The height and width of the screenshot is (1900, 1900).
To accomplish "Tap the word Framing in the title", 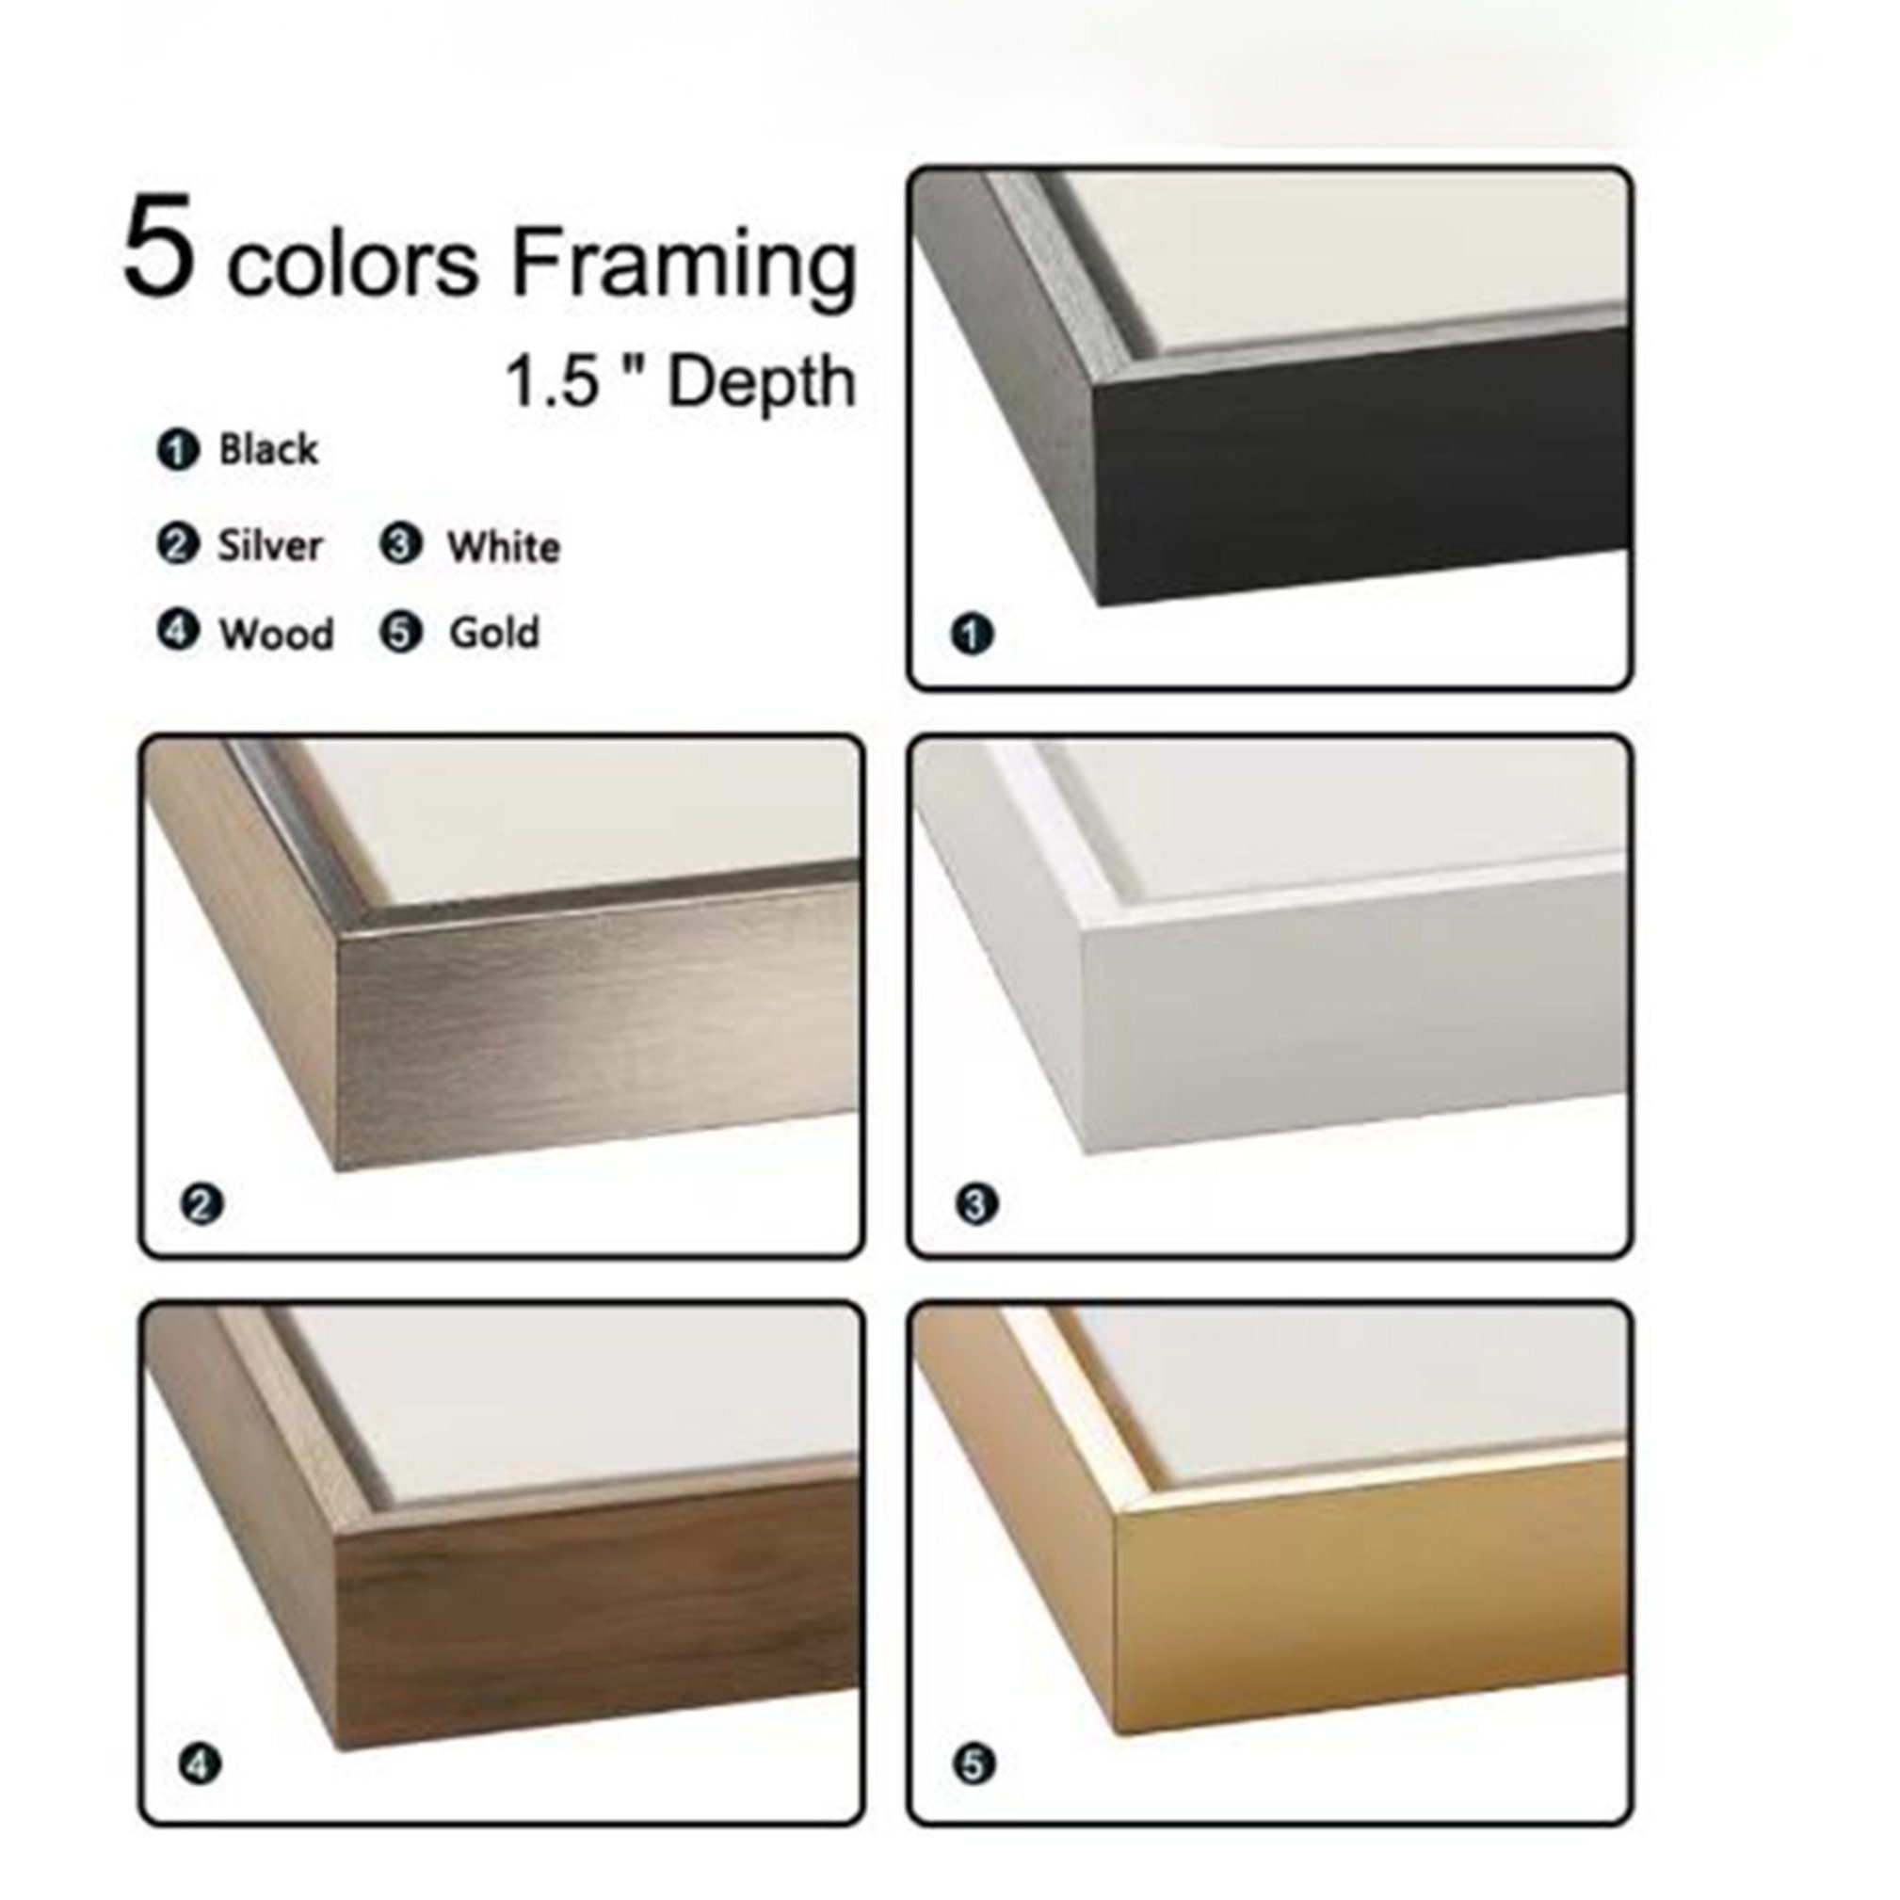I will [684, 266].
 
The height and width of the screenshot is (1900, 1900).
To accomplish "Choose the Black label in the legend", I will [267, 449].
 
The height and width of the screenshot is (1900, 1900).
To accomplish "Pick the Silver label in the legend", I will [269, 546].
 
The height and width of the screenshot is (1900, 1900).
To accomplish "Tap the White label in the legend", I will [504, 547].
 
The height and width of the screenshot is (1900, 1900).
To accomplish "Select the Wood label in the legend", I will [277, 635].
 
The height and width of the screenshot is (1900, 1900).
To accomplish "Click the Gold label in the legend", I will [493, 633].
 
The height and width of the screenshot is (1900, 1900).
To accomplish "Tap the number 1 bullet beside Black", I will [178, 450].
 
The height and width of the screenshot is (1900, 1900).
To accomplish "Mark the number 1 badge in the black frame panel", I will [972, 634].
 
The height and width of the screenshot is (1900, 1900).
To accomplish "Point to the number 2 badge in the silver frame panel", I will [201, 1203].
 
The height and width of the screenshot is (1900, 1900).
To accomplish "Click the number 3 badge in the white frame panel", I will [975, 1203].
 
